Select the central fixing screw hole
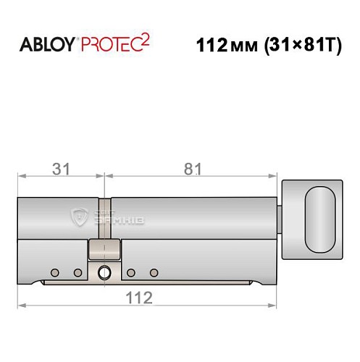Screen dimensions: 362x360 click(104, 272)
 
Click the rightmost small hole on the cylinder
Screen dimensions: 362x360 click(154, 272)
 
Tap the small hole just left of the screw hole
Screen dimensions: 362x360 click(78, 272)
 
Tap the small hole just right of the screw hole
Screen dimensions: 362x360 click(130, 272)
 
